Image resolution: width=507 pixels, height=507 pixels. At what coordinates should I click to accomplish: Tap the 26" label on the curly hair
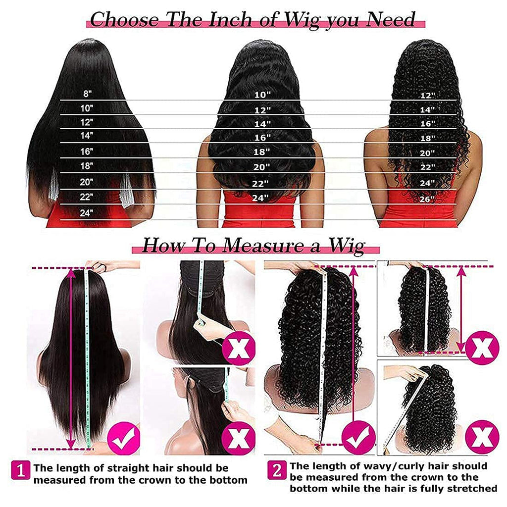click(x=427, y=199)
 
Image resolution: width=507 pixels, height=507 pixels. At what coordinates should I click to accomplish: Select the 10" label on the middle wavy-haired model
click(x=262, y=95)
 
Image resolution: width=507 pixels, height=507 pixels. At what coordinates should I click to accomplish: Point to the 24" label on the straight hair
click(x=87, y=213)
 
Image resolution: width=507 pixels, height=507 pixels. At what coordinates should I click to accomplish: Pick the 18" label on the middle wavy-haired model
click(x=262, y=152)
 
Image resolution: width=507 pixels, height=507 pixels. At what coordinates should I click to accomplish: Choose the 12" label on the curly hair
click(x=427, y=95)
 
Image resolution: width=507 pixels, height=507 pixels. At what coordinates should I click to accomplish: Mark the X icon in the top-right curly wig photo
click(x=482, y=348)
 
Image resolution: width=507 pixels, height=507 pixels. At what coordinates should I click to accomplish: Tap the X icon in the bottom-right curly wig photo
click(x=482, y=437)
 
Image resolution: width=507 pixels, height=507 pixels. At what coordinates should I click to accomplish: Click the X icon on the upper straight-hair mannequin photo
click(x=238, y=350)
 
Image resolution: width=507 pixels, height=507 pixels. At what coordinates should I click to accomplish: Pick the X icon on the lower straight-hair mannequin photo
click(x=238, y=438)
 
